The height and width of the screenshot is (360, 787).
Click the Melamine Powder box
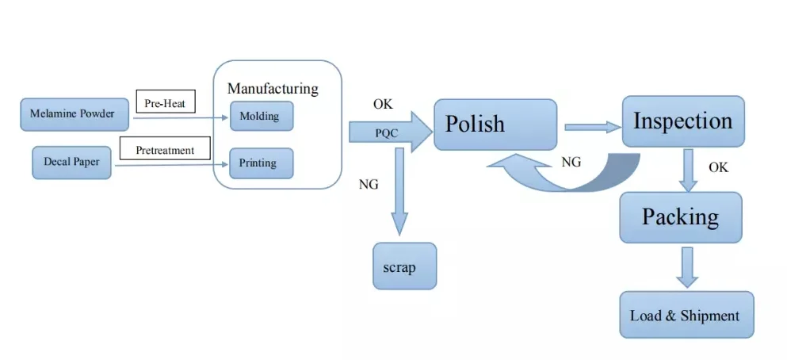[72, 114]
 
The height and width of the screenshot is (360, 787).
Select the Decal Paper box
[71, 163]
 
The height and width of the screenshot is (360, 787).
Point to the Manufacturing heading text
[273, 88]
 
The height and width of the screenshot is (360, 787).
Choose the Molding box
[261, 116]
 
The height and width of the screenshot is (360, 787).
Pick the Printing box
[261, 163]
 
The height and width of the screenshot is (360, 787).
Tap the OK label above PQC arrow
[383, 104]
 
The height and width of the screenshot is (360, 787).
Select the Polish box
[495, 124]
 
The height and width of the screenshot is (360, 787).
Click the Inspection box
[682, 121]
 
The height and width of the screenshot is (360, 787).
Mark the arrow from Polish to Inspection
[591, 126]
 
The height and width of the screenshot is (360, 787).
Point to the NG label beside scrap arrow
[369, 184]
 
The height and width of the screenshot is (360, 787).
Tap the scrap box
[404, 266]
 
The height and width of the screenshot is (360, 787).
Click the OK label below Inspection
[718, 167]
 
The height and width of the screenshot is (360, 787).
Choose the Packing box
[681, 216]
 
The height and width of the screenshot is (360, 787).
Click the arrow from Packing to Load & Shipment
[687, 266]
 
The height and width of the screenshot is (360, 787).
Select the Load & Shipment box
[686, 315]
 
